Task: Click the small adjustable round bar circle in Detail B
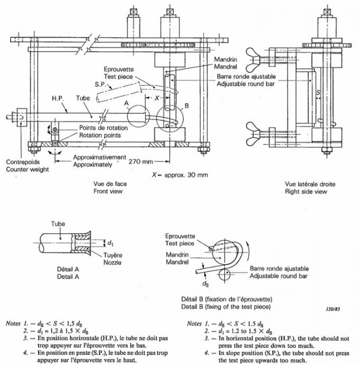point(225,274)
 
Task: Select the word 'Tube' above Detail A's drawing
point(58,224)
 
